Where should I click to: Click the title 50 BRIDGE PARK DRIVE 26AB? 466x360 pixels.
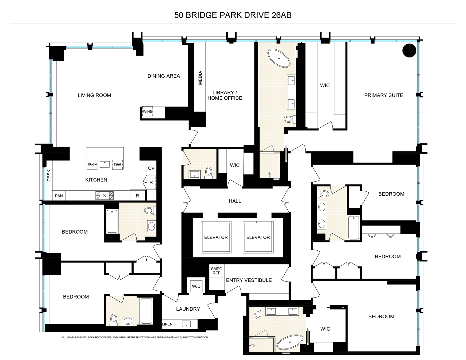pos(233,15)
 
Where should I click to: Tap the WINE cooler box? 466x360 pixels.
pos(148,112)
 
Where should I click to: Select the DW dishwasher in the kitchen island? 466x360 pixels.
pos(117,164)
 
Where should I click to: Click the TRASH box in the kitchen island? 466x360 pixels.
pos(92,164)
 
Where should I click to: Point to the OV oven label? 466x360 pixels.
pos(151,168)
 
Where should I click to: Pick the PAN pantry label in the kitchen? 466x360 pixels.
pos(59,196)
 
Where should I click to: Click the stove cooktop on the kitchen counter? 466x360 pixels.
pos(105,195)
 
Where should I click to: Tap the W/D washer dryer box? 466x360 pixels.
pos(196,286)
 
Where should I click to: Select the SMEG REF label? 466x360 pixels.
pos(217,271)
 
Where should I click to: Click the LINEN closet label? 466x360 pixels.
pos(167,324)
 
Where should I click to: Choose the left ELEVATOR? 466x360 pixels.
pos(216,237)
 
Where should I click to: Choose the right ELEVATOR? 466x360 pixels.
pos(258,237)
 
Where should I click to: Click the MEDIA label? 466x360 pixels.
pos(200,78)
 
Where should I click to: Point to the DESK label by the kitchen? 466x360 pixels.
pos(49,175)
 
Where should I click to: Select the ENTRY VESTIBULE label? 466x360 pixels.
pos(249,280)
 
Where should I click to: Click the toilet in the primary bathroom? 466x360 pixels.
pos(288,119)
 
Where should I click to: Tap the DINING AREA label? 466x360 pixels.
pos(163,76)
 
